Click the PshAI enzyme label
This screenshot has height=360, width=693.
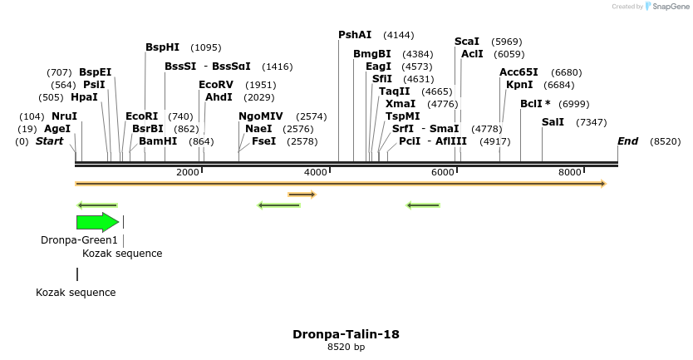tap(355, 35)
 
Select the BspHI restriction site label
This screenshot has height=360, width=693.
tap(162, 47)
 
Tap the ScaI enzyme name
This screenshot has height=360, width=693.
tap(467, 42)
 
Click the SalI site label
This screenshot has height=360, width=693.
tap(553, 122)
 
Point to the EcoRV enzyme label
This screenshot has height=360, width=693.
tap(216, 85)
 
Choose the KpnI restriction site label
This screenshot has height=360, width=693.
tap(519, 85)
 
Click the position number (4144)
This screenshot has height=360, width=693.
tap(398, 35)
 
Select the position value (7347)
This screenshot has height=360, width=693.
tap(591, 122)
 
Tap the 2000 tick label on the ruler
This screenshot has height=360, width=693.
tap(188, 172)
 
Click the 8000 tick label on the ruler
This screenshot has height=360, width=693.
tap(570, 172)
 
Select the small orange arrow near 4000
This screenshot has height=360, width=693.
tap(302, 195)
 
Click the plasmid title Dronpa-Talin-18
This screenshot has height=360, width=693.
tap(346, 334)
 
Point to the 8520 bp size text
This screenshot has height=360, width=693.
tap(346, 348)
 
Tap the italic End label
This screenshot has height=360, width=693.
tap(627, 141)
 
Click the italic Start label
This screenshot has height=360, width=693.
tap(49, 141)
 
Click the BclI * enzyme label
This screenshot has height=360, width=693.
tap(535, 104)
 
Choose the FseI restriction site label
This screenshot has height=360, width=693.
tap(264, 141)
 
